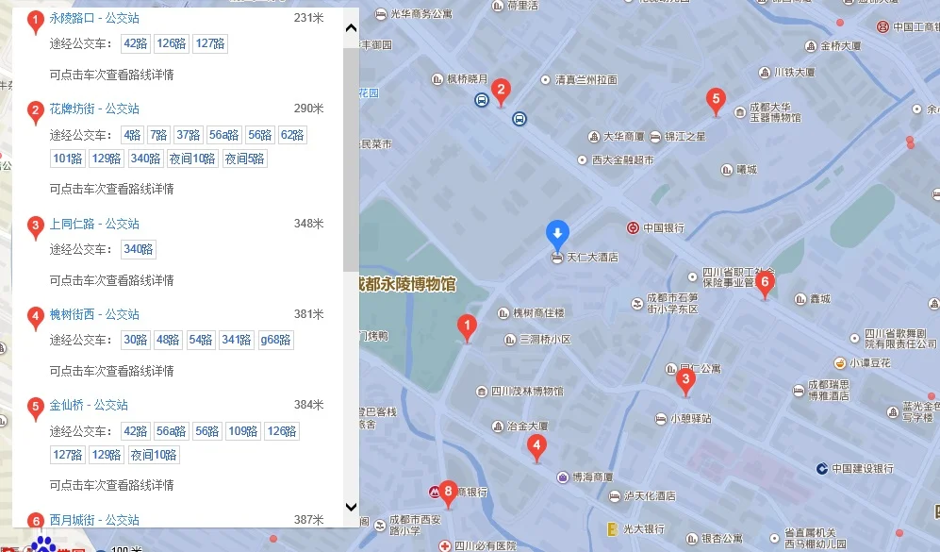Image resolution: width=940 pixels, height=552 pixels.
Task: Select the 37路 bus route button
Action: pos(189,135)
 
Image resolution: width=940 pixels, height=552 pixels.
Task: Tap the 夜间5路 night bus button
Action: pos(244,159)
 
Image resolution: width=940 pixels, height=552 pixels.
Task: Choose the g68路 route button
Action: pos(275,340)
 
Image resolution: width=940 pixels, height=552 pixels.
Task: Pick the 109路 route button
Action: pos(243,431)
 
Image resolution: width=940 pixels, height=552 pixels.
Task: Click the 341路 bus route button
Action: pos(236,340)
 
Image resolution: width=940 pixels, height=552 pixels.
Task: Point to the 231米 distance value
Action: pos(308,18)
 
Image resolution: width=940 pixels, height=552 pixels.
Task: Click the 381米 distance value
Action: pos(308,314)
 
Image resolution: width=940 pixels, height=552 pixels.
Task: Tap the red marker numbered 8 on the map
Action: pos(448,492)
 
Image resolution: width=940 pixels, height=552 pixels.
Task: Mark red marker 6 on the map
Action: pos(765,282)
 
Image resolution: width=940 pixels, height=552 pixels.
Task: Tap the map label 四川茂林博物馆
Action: pos(526,391)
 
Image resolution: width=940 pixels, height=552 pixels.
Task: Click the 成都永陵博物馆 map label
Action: pos(404,284)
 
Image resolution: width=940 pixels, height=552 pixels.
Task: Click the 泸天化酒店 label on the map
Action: pos(650,495)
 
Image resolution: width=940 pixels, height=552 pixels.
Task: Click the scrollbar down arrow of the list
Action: pos(351,507)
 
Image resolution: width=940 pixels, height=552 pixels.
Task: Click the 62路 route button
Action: pos(292,135)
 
